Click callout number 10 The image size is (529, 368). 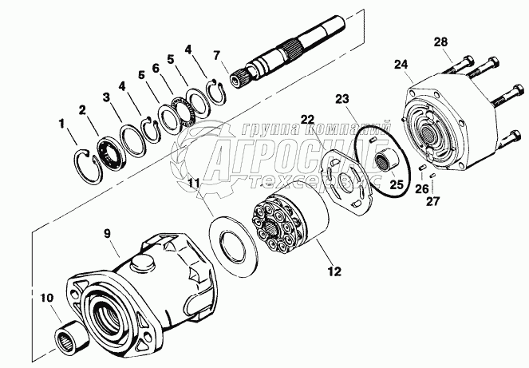click(x=46, y=299)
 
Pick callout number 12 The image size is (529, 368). click(x=334, y=270)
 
